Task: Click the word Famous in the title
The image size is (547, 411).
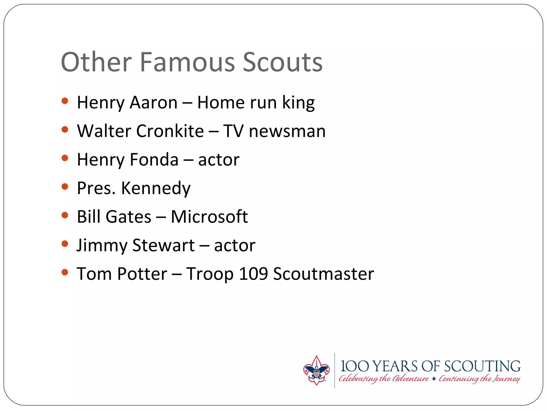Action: point(187,62)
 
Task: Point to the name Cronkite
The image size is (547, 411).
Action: point(170,131)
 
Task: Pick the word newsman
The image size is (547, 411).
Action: point(287,131)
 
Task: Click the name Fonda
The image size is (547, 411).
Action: point(154,160)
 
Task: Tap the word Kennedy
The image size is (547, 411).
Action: point(156,188)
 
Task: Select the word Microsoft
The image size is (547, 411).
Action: point(209,216)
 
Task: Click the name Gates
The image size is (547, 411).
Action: point(128,216)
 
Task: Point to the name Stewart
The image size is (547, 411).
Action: point(163,245)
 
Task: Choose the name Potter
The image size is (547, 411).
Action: point(142,274)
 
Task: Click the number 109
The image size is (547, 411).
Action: point(253,274)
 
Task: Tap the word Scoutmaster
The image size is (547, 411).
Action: point(323,274)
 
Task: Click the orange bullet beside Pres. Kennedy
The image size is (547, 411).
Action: point(65,187)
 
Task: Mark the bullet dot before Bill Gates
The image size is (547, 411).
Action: point(65,215)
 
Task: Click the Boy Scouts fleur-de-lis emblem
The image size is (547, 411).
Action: point(316,370)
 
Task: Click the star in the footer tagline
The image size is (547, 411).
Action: point(434,379)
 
